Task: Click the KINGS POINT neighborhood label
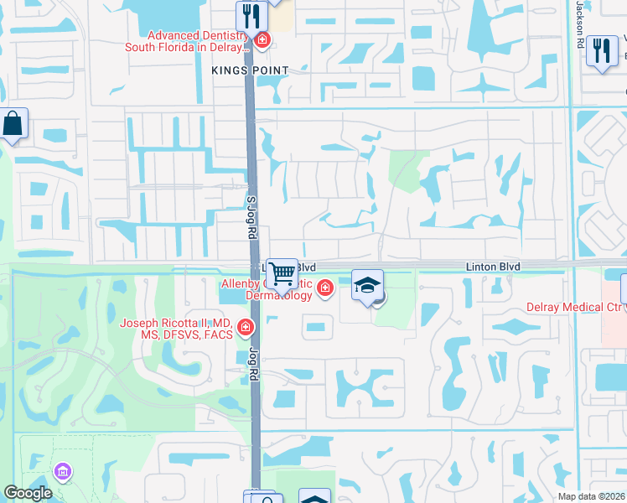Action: [x=251, y=70]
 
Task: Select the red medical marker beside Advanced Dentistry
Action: [x=262, y=39]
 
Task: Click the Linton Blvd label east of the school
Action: [x=494, y=266]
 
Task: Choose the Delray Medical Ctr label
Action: [x=573, y=307]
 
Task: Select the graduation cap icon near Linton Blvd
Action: [x=367, y=285]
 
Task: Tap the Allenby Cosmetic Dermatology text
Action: [x=268, y=290]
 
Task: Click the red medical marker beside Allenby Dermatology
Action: [x=325, y=290]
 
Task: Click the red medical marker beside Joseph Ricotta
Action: [x=246, y=327]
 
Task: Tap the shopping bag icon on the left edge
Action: [x=13, y=125]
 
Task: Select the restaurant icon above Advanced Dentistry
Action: [x=251, y=15]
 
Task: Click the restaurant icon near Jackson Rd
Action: [x=601, y=50]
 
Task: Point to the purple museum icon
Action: [x=61, y=473]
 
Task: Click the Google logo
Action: [x=28, y=494]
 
